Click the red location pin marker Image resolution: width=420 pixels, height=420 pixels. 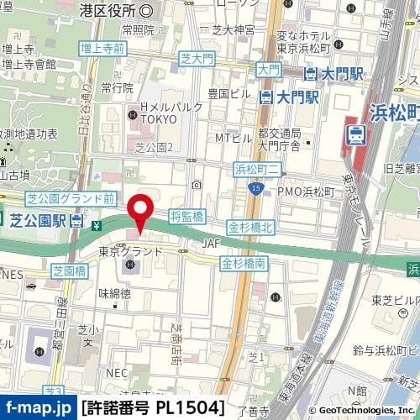point(139,209)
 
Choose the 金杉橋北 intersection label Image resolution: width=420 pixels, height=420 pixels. point(249,228)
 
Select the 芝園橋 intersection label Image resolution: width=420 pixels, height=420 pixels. point(69,271)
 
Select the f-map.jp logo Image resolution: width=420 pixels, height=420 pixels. point(37,409)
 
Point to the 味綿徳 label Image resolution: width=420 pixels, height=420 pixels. point(114,294)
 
